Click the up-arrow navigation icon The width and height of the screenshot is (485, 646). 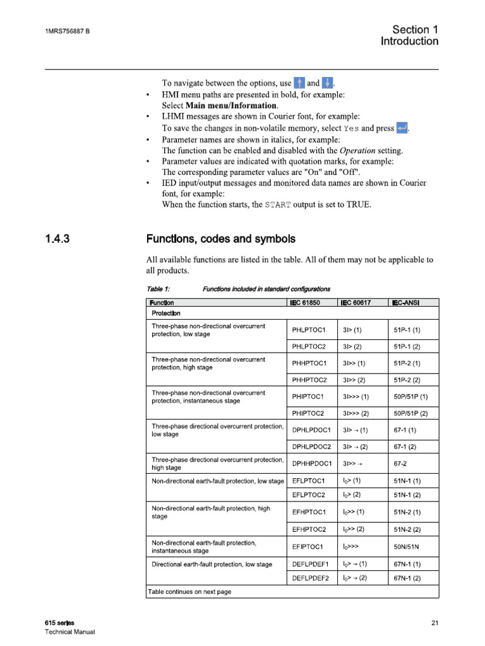coord(300,83)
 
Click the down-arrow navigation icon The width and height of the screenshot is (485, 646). coord(328,83)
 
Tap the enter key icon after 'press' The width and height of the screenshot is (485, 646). coord(402,128)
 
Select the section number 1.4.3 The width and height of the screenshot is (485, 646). coord(59,239)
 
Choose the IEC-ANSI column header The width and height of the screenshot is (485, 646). coord(405,303)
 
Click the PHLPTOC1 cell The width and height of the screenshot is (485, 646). coord(308,330)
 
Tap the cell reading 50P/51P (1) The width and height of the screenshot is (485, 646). coord(410,397)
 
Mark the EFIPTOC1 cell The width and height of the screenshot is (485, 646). coord(308,546)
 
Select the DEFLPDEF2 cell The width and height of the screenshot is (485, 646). coord(311,578)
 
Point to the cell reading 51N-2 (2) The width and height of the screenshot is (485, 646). coord(407,529)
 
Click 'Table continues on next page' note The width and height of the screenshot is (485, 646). coord(189,592)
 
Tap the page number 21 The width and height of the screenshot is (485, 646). coord(434,623)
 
